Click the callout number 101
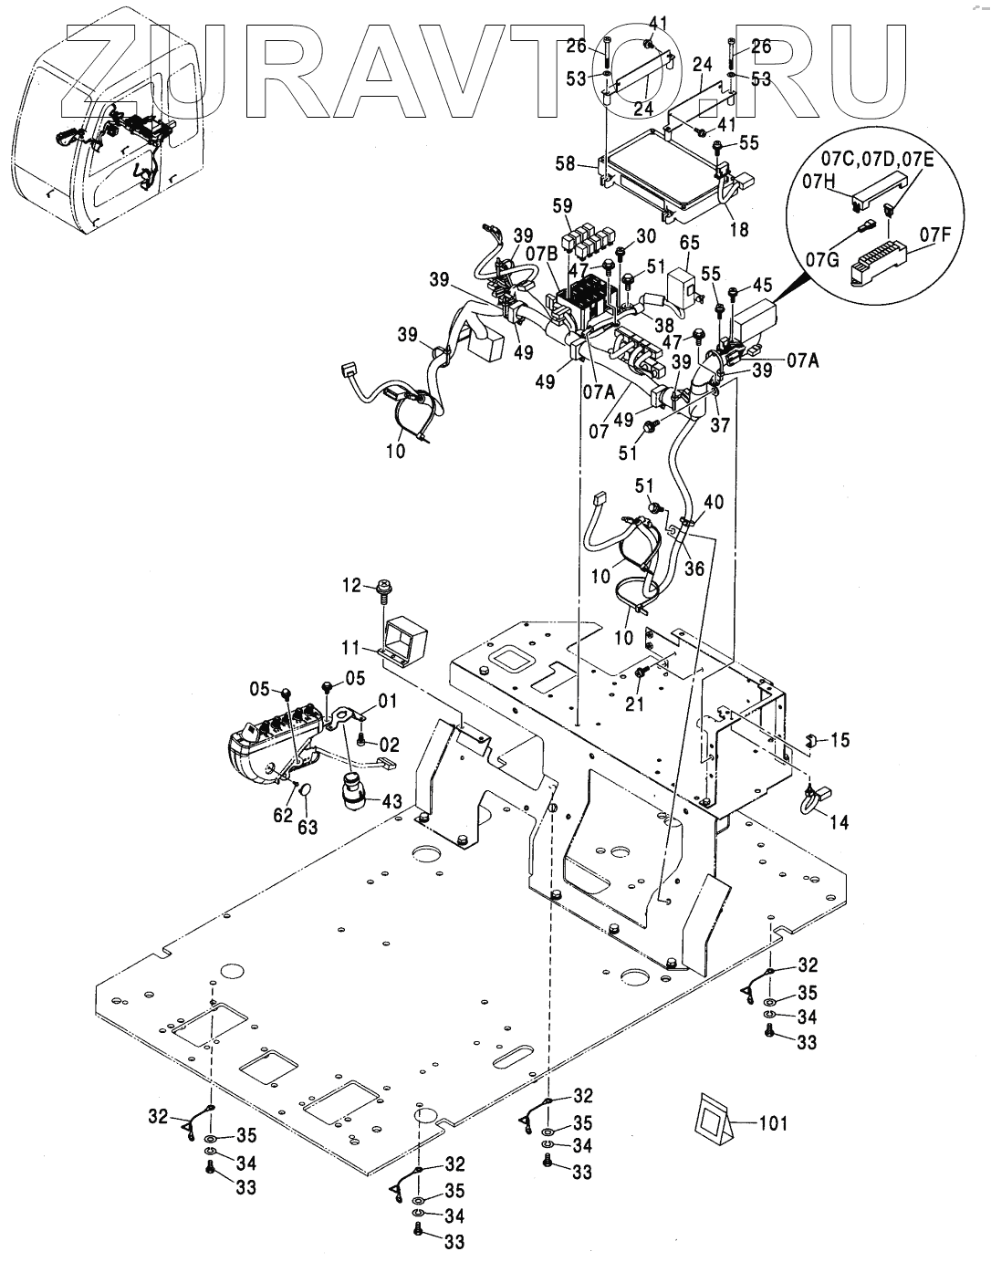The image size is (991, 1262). tap(774, 1123)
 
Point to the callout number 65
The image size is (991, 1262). tap(689, 242)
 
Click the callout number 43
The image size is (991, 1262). tap(391, 800)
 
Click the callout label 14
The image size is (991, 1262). tap(838, 822)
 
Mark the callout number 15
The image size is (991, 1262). tap(839, 740)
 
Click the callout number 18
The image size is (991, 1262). tap(740, 229)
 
